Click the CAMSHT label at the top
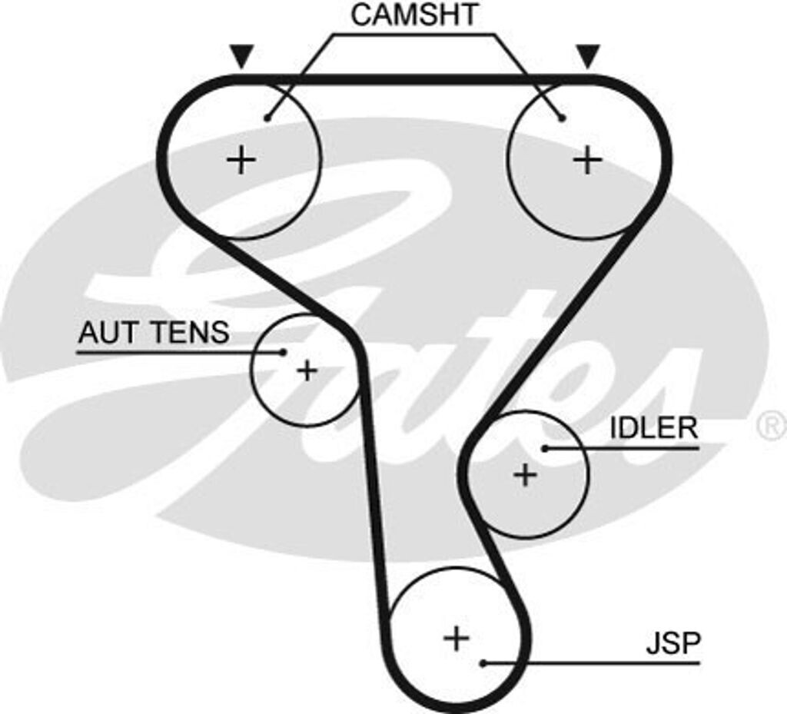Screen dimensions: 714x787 (x=414, y=15)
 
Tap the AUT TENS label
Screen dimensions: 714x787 (x=154, y=333)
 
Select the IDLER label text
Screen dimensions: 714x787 (x=653, y=428)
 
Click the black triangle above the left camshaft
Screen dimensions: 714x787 (x=241, y=56)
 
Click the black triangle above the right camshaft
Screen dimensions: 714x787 (x=588, y=55)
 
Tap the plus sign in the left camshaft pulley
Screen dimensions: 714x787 (x=241, y=160)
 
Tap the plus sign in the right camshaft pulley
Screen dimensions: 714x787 (x=588, y=160)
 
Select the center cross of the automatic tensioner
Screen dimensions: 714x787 (x=307, y=371)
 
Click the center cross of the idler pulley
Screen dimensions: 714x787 (x=526, y=475)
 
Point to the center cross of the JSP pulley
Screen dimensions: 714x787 (x=457, y=637)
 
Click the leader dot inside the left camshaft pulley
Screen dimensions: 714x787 (x=267, y=118)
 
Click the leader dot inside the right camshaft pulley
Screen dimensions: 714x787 (x=563, y=118)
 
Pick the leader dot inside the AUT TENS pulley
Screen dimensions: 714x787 (x=283, y=352)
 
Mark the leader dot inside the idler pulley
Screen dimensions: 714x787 (x=544, y=447)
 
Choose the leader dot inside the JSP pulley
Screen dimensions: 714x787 (x=483, y=663)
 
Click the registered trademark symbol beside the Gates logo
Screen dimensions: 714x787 (x=771, y=425)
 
